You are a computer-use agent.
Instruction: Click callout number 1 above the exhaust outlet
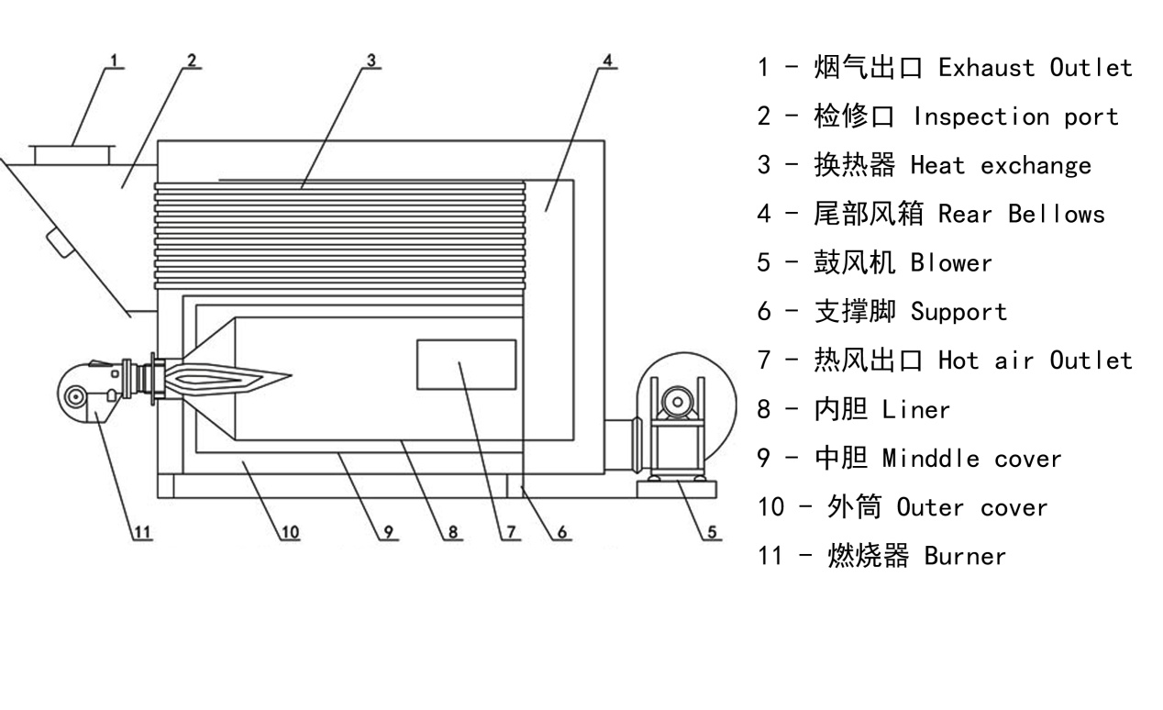(114, 61)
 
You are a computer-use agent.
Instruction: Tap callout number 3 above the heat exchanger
(371, 61)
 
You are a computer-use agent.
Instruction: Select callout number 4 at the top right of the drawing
(606, 61)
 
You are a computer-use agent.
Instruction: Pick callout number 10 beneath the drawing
(290, 531)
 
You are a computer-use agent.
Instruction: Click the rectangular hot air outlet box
(466, 365)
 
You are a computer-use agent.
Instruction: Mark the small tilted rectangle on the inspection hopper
(61, 244)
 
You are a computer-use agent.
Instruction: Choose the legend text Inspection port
(1015, 117)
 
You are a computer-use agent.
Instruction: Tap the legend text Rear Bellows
(1021, 215)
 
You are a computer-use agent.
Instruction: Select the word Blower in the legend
(951, 263)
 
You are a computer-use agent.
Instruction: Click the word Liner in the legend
(916, 410)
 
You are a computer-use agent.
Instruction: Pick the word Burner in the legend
(965, 556)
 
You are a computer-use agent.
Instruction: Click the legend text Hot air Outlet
(1036, 361)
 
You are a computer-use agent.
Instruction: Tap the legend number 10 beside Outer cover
(770, 507)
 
